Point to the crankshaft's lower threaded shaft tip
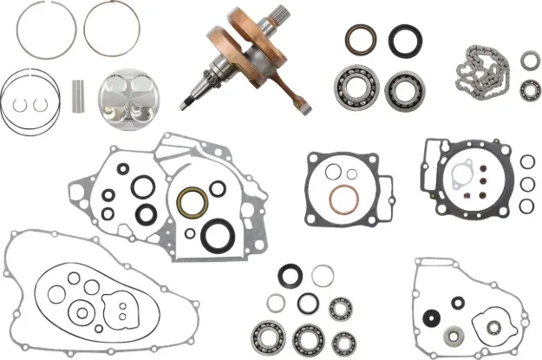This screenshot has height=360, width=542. (187, 103)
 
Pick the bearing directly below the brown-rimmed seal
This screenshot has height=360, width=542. (354, 87)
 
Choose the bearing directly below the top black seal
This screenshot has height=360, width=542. (402, 89)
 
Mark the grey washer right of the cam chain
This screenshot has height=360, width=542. (528, 60)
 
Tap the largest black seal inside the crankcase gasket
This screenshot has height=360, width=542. (215, 235)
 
